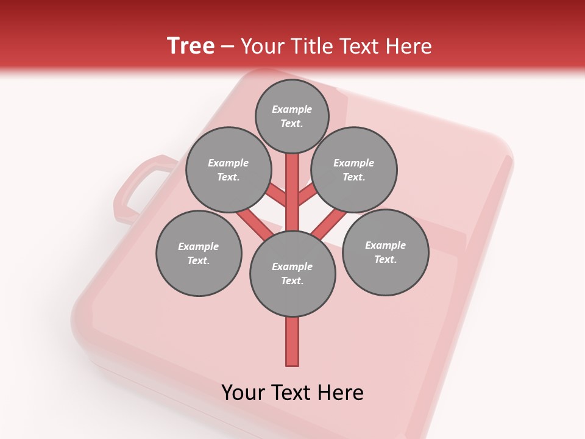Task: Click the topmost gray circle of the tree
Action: click(292, 116)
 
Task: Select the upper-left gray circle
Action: click(229, 170)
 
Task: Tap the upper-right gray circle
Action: click(354, 170)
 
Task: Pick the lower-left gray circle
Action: click(199, 254)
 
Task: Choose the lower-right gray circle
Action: click(386, 252)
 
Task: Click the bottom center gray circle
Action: click(292, 274)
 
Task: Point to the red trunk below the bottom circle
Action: click(292, 341)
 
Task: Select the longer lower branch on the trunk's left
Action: click(255, 224)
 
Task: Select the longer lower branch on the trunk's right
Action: click(329, 224)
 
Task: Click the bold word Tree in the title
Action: click(191, 46)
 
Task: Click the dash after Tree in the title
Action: click(228, 47)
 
